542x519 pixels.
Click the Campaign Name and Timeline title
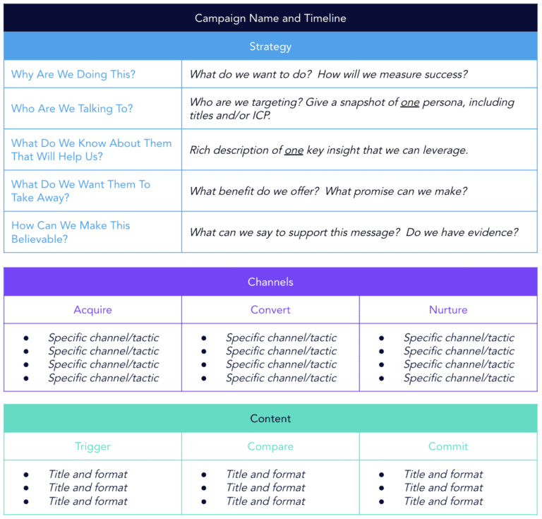click(x=270, y=18)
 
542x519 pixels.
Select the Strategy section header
click(x=270, y=47)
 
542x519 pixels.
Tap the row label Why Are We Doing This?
click(x=73, y=74)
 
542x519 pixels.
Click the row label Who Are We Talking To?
click(x=72, y=109)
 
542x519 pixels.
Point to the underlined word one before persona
click(x=410, y=102)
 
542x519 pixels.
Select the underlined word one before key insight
click(x=294, y=150)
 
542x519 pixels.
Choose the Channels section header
click(x=270, y=282)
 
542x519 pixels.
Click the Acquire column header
click(x=92, y=310)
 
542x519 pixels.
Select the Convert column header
click(x=270, y=310)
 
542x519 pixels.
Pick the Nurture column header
click(x=448, y=310)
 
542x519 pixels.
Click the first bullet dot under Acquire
click(x=26, y=338)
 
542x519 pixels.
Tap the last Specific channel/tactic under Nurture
click(x=459, y=378)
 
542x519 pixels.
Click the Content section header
click(x=270, y=419)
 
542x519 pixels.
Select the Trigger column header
click(x=92, y=446)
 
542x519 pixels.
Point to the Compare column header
click(x=270, y=446)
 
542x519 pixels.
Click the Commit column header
click(x=448, y=446)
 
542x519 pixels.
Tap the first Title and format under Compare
click(x=266, y=475)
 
